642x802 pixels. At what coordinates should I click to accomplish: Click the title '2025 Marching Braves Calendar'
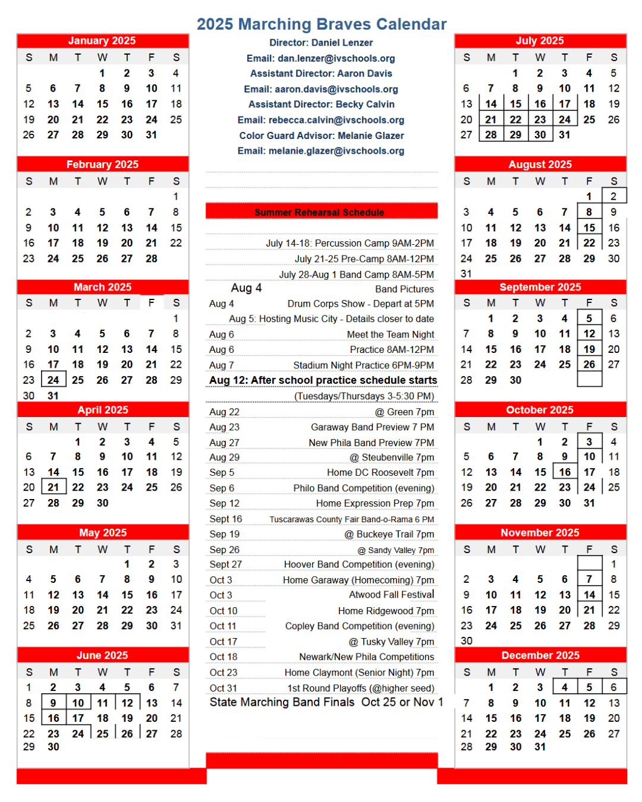coord(322,24)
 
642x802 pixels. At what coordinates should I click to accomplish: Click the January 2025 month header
coord(102,41)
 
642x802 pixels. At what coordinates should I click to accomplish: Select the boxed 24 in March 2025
coord(53,380)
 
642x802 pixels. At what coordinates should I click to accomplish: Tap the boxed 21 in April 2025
coord(53,488)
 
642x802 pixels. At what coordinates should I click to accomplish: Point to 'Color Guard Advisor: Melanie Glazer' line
coord(322,135)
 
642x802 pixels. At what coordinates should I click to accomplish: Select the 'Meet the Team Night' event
coord(391,334)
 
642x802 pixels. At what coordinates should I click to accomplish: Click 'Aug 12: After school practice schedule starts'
coord(323,380)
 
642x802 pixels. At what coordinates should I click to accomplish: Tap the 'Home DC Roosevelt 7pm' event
coord(380,472)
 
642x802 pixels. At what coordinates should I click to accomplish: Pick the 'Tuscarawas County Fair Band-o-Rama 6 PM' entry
coord(351,519)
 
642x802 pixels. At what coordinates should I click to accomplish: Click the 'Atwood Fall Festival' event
coord(392,595)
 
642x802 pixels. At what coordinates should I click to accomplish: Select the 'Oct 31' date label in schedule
coord(223,688)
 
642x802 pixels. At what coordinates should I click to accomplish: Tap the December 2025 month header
coord(540,655)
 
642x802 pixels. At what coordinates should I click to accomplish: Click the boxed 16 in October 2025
coord(565,472)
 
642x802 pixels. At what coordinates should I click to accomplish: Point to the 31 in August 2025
coord(466,274)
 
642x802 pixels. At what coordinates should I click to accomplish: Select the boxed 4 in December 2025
coord(565,687)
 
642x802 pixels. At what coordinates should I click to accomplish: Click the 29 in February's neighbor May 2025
coord(127,626)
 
